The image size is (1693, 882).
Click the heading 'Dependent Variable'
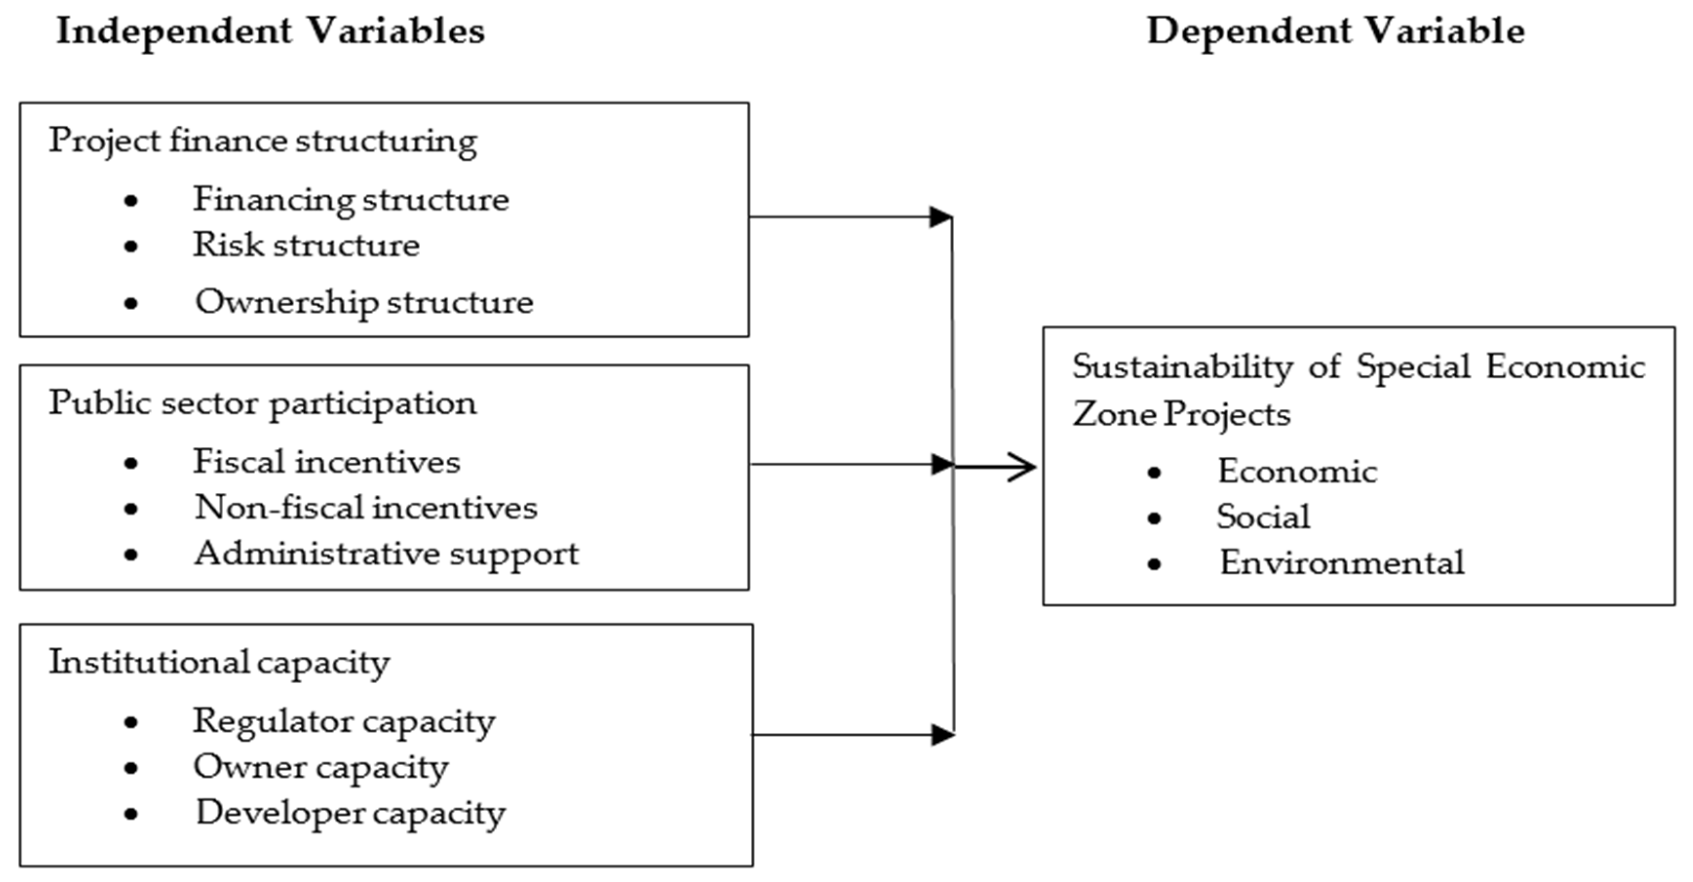click(1335, 32)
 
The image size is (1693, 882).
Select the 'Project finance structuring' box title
click(263, 141)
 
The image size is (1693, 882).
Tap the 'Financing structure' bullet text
click(350, 199)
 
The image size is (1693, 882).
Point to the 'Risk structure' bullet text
click(306, 245)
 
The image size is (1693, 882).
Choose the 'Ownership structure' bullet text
click(364, 302)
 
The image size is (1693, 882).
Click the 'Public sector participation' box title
click(263, 403)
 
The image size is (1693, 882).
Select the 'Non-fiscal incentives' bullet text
click(366, 507)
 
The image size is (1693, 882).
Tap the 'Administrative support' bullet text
click(386, 553)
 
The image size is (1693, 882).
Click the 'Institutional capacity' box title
click(219, 662)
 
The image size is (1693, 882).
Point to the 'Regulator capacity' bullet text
click(344, 722)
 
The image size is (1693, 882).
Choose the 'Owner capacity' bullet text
click(321, 767)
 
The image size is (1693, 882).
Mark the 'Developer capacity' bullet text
click(350, 813)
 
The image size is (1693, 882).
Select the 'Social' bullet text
click(1262, 517)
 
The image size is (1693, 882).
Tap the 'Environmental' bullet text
click(1341, 563)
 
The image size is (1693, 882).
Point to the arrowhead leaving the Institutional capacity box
click(942, 735)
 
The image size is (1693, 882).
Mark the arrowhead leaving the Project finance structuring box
click(940, 217)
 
